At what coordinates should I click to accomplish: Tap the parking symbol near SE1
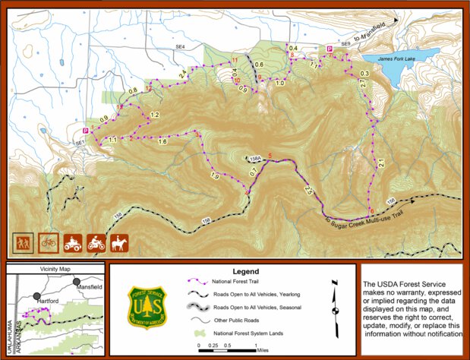85,131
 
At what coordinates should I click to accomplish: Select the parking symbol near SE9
329,49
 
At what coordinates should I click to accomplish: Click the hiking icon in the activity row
24,242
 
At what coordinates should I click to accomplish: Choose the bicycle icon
48,242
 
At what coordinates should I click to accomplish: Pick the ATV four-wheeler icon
73,242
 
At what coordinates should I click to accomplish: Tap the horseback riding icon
120,242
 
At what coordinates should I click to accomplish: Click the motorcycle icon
96,242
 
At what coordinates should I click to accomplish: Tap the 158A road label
255,159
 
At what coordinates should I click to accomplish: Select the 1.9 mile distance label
214,176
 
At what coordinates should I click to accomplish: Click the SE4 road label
180,47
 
